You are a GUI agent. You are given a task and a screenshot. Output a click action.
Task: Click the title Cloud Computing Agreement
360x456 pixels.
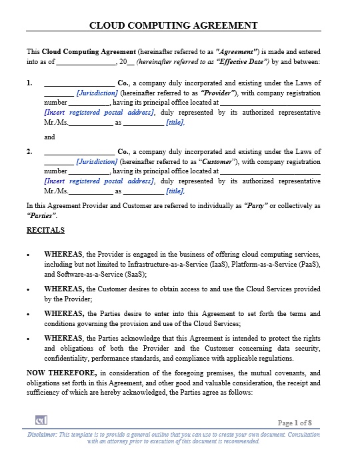coord(173,25)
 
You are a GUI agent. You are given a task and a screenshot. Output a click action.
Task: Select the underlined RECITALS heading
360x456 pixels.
coord(45,230)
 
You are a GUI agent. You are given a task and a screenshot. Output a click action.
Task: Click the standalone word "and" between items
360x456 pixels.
coord(49,137)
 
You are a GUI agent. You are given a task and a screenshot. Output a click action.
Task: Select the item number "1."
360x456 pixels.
coord(29,83)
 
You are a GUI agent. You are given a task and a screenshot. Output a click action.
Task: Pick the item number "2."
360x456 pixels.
coord(29,151)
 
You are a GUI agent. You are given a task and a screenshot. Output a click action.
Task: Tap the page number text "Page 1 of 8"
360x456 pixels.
coord(295,422)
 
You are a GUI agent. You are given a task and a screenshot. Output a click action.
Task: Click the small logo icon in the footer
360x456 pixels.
coord(41,420)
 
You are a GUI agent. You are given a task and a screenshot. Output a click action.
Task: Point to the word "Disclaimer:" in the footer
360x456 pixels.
coord(42,434)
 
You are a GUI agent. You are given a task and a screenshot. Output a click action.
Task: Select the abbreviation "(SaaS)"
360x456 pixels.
coord(133,274)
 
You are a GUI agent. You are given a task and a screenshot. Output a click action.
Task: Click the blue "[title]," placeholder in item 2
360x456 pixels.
coord(176,191)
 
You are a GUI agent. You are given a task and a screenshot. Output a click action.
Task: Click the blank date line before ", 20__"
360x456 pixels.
coord(87,61)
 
